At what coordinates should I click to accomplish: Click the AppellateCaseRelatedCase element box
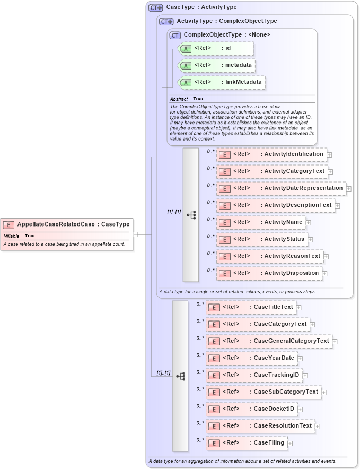click(66, 224)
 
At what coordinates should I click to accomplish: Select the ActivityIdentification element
click(272, 154)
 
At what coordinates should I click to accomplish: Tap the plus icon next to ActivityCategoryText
click(330, 171)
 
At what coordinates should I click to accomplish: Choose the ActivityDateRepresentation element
click(282, 188)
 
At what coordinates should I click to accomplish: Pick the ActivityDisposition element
click(270, 273)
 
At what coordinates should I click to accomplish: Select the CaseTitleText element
click(251, 307)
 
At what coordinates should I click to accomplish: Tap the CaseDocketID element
click(252, 409)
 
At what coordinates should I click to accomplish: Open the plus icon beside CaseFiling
click(290, 443)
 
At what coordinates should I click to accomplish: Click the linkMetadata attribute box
click(222, 82)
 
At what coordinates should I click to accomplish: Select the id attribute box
click(216, 48)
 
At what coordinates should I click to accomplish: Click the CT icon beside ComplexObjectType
click(175, 35)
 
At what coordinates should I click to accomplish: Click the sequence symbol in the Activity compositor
click(191, 214)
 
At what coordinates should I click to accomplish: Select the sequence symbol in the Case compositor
click(181, 376)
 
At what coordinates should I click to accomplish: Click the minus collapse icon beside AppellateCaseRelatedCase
click(136, 233)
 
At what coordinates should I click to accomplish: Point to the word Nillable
click(12, 236)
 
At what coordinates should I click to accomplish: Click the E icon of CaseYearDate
click(213, 358)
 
